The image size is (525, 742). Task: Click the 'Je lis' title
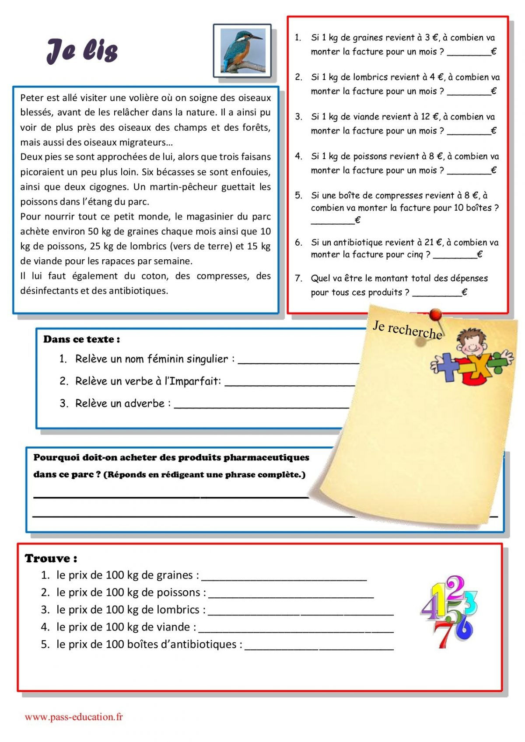[x=82, y=51]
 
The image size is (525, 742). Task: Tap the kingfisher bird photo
[x=243, y=51]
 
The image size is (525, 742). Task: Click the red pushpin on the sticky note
[x=435, y=314]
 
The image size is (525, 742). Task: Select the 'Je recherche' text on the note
[x=407, y=330]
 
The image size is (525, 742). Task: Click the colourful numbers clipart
[x=449, y=611]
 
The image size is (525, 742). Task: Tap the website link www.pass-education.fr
[x=73, y=717]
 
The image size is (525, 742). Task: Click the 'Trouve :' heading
[x=51, y=558]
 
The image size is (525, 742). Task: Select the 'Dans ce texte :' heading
[x=81, y=339]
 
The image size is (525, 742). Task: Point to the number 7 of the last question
[x=298, y=279]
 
